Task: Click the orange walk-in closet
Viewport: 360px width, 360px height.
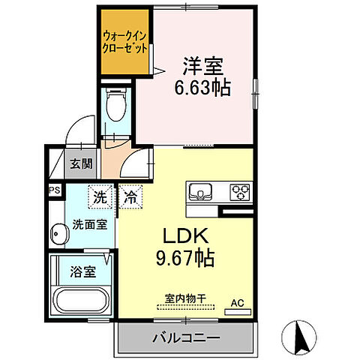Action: point(124,42)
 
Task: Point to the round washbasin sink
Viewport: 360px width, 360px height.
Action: point(58,235)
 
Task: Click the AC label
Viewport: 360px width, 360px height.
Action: point(237,303)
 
